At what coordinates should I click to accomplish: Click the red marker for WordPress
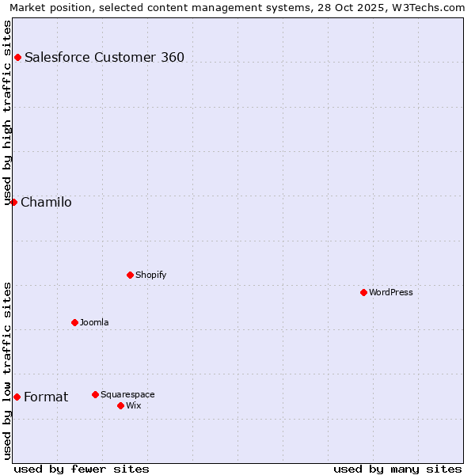coord(363,292)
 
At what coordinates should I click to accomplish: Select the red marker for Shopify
coord(130,275)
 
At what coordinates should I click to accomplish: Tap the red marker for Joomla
coord(74,322)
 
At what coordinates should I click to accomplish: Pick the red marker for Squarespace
coord(95,394)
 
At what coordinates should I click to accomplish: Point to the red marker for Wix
coord(120,405)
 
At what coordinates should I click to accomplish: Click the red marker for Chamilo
coord(13,202)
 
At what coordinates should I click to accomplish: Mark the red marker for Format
coord(17,397)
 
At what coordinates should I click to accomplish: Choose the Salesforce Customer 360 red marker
coord(17,57)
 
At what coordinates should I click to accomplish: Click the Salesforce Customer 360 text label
coord(104,57)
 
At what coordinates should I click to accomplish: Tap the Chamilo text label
coord(46,202)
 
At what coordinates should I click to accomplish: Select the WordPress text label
coord(391,292)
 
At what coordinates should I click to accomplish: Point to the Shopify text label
coord(150,275)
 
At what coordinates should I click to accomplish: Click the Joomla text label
coord(94,322)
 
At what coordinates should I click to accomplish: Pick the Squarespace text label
coord(127,394)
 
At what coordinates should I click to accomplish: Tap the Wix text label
coord(134,405)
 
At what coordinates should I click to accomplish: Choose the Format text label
coord(46,397)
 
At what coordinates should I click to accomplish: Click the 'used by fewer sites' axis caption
coord(82,469)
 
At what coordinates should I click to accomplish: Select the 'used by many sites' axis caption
coord(397,469)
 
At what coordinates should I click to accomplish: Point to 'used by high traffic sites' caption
coord(7,111)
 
